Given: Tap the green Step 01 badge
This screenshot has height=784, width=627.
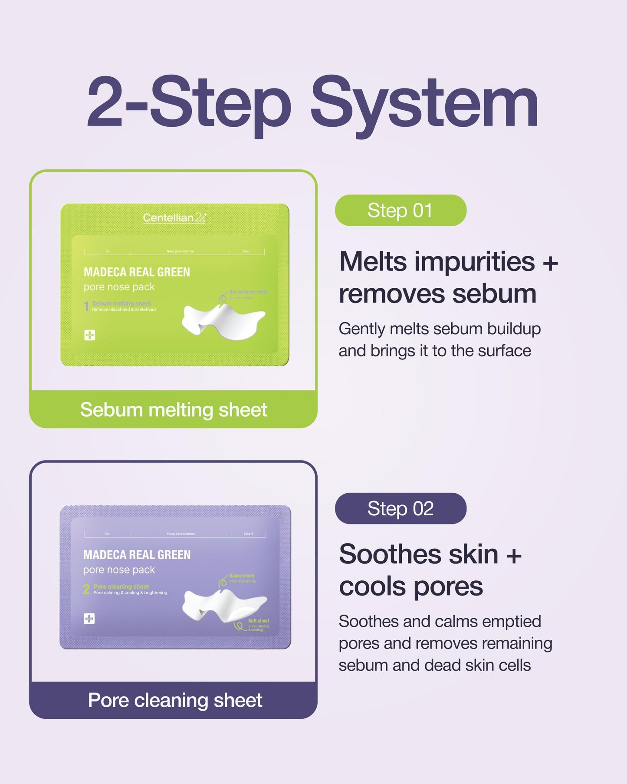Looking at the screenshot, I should point(400,211).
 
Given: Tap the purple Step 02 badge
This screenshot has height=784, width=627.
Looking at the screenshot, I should point(400,508).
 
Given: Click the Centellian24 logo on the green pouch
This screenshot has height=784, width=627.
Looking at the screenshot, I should point(175,217).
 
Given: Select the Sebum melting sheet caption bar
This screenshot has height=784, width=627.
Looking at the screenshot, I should point(174,409).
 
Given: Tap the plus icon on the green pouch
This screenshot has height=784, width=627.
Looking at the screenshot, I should point(90,335).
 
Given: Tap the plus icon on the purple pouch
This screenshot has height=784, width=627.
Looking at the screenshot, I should point(89,619).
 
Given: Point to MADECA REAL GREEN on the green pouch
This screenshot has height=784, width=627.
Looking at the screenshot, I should point(137,272).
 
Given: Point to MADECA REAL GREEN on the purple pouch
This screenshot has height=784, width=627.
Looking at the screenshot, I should point(137,555).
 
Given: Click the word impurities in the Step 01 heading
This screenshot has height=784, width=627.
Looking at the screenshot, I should point(474,262).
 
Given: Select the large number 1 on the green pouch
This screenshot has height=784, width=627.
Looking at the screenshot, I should point(86,306).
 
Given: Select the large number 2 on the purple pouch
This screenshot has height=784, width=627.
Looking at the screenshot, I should point(86,589).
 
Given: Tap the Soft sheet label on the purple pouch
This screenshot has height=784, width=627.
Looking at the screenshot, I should point(259,621).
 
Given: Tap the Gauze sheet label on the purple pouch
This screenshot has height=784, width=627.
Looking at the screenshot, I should point(242,576).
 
